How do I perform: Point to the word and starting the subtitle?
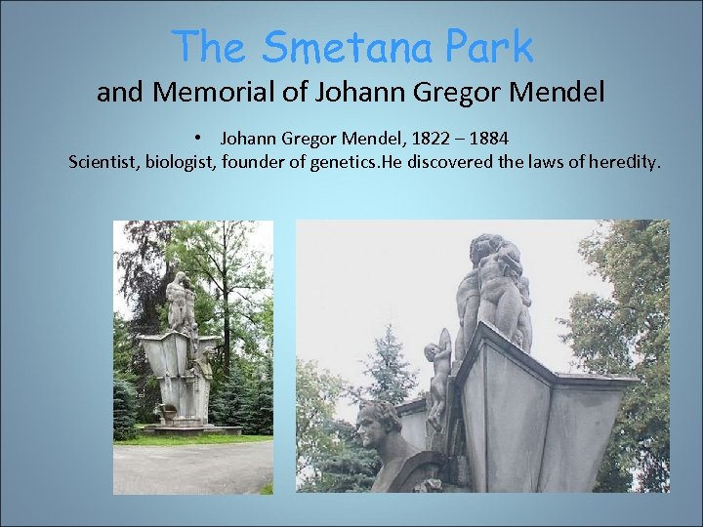tap(117, 93)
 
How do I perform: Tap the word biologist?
tap(182, 161)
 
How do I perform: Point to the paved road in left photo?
tap(191, 468)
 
